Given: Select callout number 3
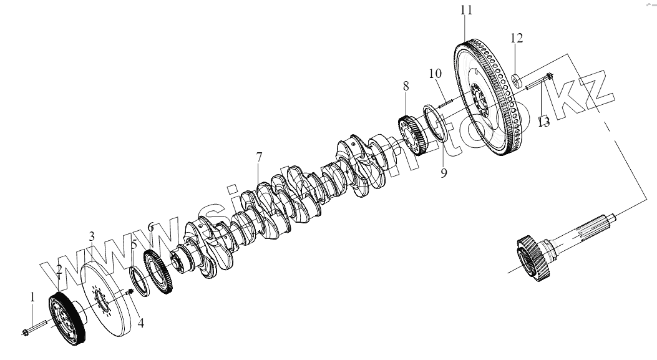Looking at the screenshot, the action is pos(92,236).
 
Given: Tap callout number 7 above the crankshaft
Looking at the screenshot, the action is pos(259,157).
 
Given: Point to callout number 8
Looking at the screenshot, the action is pos(406,85).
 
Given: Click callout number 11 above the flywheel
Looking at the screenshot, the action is pos(466,11).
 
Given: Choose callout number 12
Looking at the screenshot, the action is pos(516,39).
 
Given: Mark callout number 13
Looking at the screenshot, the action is pos(543,122).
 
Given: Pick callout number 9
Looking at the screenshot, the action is pos(443,173).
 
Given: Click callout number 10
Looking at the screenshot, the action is pos(435,74).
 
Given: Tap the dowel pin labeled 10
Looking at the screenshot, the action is pos(449,99).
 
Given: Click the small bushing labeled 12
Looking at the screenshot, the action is pos(517,79).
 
